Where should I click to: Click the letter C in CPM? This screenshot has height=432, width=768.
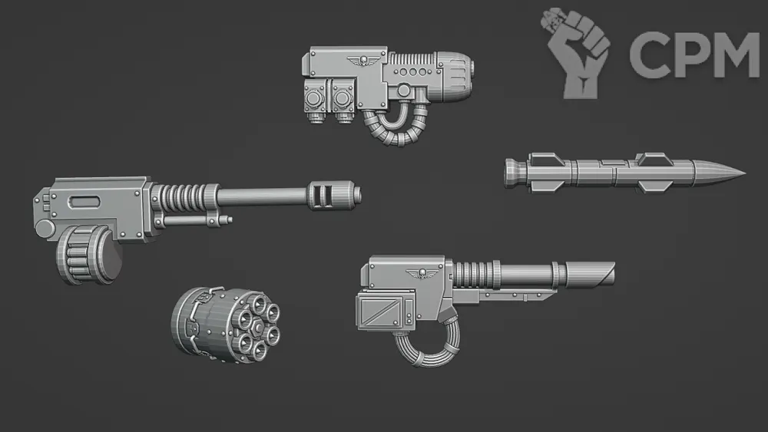(x=647, y=54)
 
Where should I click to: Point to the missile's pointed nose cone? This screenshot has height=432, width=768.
(x=720, y=173)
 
